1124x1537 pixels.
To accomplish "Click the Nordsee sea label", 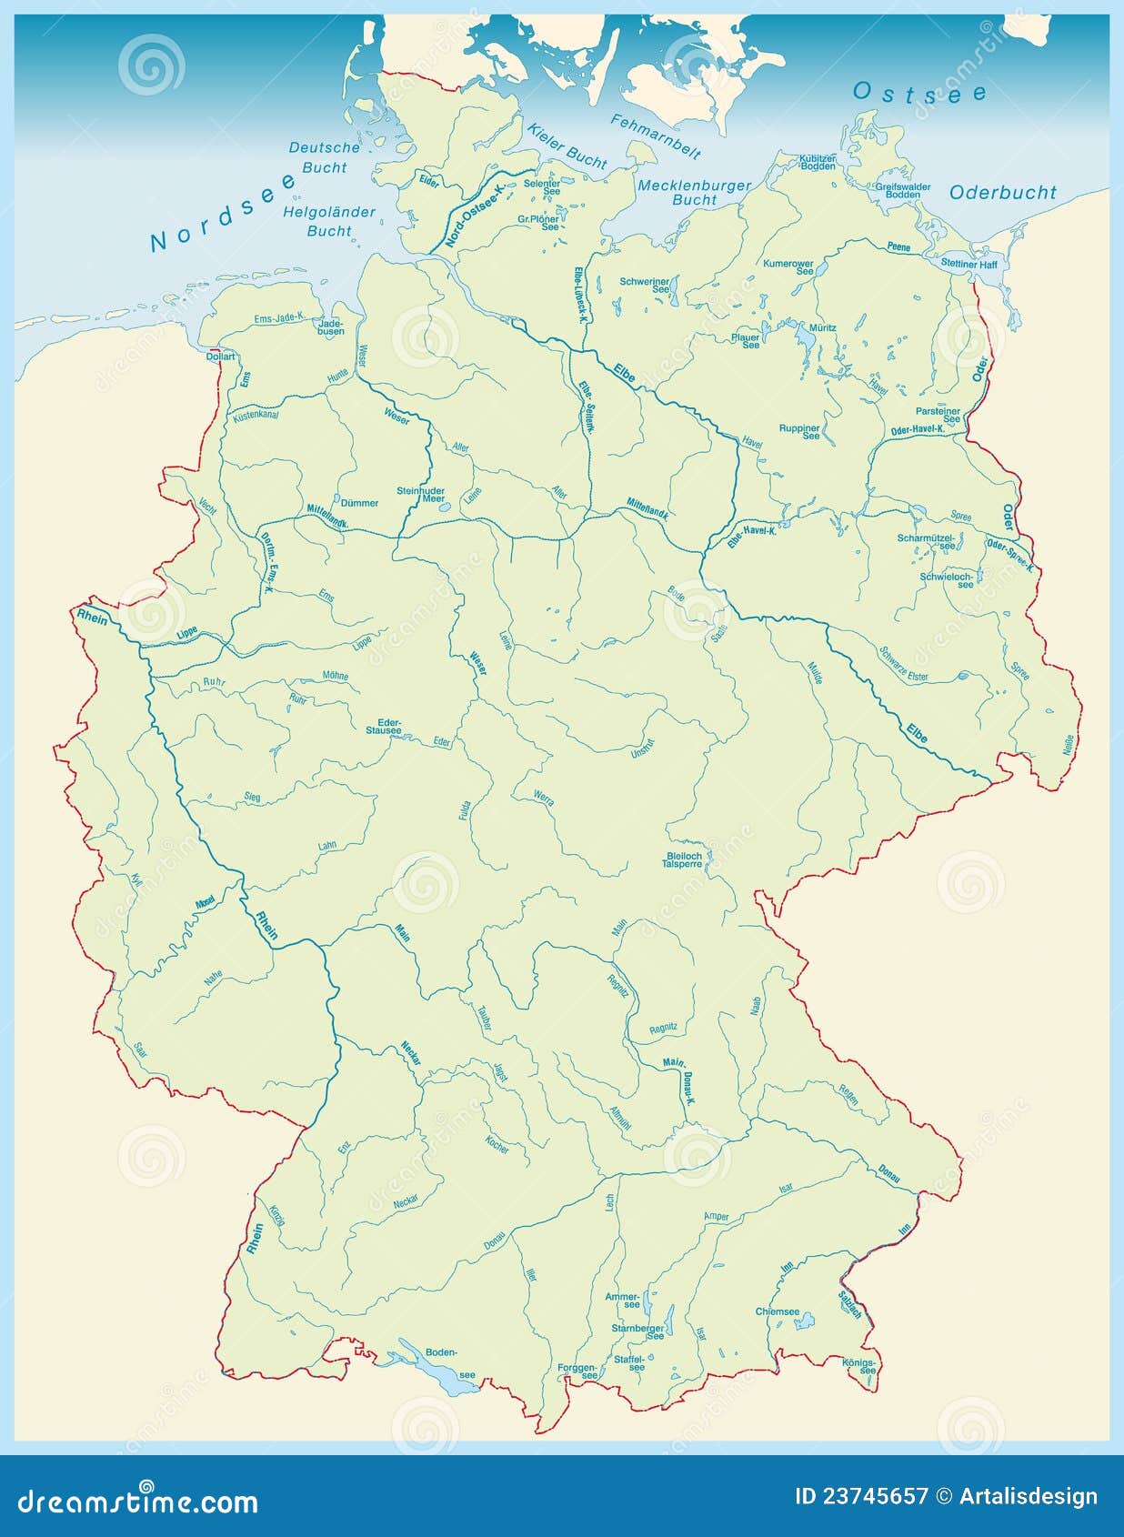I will (224, 211).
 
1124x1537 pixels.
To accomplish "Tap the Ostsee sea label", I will (919, 93).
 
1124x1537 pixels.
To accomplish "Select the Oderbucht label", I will (1002, 192).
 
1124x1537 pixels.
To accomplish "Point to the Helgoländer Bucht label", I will (328, 221).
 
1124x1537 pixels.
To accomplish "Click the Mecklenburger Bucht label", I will (694, 192).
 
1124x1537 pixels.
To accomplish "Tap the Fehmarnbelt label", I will (656, 136).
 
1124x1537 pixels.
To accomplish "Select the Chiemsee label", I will (777, 1311).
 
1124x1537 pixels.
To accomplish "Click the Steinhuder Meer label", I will (420, 495).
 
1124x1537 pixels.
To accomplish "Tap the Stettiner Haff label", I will (968, 265).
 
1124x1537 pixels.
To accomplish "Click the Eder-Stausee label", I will (384, 726).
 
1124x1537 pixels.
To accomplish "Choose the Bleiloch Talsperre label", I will (684, 859).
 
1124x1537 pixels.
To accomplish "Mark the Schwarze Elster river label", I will (903, 664).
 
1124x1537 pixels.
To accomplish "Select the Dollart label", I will (220, 357).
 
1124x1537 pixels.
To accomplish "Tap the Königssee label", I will (858, 1366).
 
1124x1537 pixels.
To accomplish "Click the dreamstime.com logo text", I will (137, 1501).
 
